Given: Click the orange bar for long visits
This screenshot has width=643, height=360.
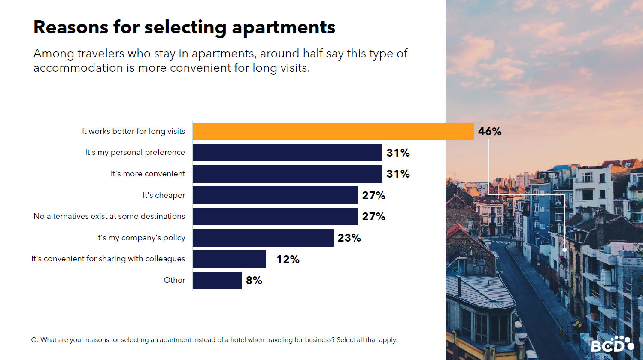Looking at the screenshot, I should (x=333, y=131).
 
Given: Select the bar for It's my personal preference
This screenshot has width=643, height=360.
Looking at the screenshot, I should (x=287, y=153).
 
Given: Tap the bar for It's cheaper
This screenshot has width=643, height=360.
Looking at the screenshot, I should (x=275, y=195).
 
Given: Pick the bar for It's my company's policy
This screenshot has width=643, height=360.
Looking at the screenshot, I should (x=263, y=238).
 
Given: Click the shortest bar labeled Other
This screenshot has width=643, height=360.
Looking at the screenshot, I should (x=217, y=280).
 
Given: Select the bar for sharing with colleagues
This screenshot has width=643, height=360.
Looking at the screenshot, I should (x=229, y=259).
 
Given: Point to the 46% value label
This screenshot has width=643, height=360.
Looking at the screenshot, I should (x=489, y=131).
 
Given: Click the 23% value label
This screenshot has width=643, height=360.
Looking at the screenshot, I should (x=349, y=238).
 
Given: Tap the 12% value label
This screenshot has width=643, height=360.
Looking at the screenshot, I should (x=288, y=259).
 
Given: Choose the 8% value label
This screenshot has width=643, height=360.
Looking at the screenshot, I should (x=254, y=280).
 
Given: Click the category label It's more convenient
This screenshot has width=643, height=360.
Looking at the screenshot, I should (x=148, y=174).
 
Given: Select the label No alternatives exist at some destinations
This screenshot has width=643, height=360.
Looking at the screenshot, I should (x=109, y=216).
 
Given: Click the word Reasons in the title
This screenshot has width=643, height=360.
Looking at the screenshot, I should (x=71, y=27).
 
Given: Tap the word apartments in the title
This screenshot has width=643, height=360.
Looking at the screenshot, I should (x=283, y=28).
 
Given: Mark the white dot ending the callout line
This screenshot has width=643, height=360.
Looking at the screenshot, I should (x=564, y=250).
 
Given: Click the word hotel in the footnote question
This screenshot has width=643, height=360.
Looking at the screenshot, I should (x=238, y=340).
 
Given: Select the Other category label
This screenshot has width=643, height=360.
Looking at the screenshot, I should (x=174, y=280).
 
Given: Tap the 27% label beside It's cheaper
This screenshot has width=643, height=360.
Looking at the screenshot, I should (x=373, y=195).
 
